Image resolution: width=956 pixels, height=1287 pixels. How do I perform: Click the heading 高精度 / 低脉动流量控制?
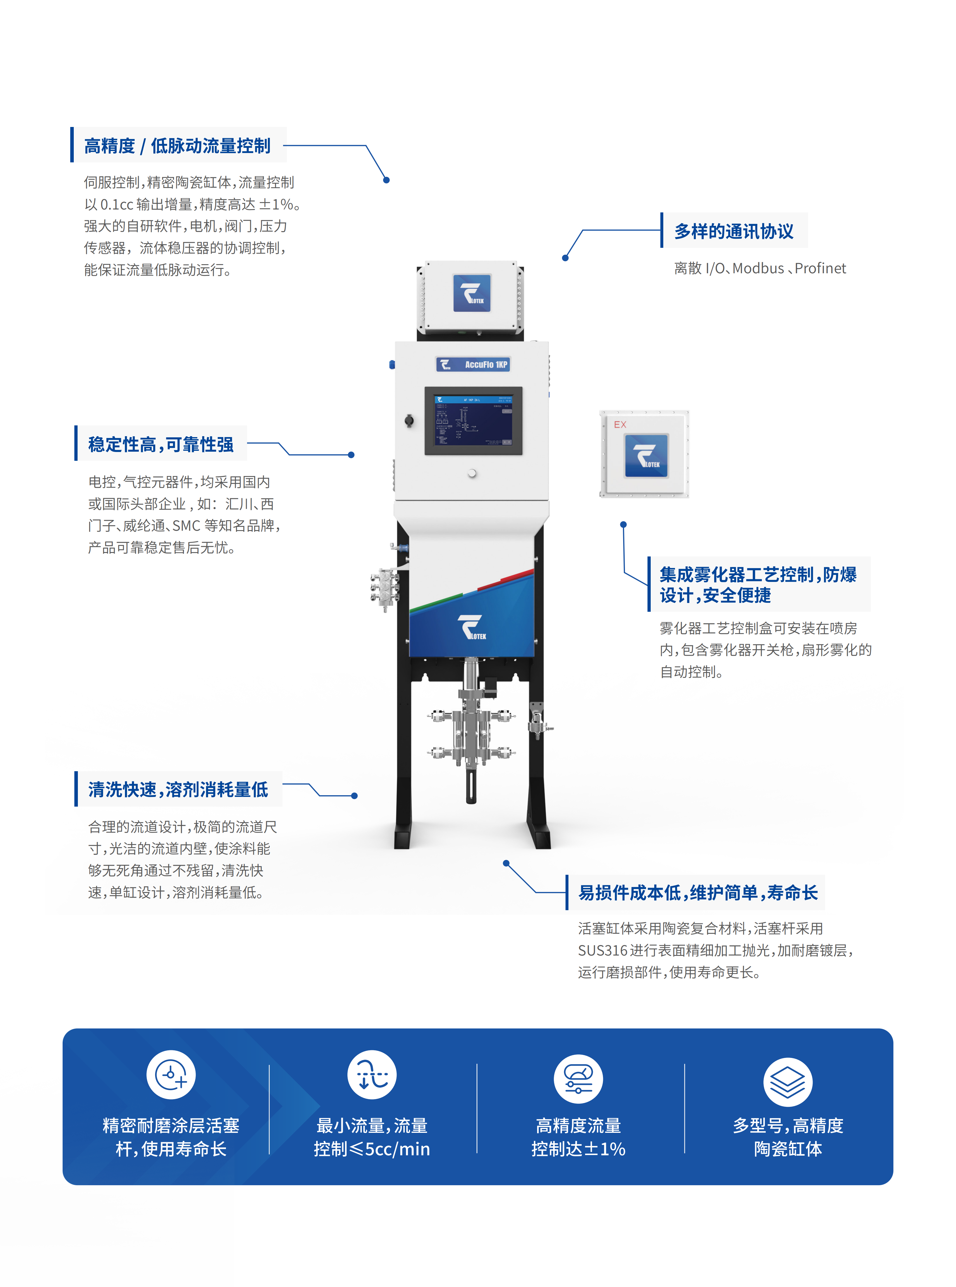point(177,146)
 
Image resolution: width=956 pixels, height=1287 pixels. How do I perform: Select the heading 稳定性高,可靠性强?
point(161,444)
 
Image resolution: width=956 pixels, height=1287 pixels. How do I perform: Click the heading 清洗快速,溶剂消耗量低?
point(178,790)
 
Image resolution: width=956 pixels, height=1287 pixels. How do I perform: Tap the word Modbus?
point(758,268)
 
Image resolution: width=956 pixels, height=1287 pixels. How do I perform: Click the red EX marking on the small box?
point(620,425)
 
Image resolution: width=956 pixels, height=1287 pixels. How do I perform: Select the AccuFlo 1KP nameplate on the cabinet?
point(473,365)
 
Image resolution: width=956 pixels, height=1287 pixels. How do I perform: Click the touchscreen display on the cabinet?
point(473,420)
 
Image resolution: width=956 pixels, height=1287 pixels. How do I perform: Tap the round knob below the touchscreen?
point(472,473)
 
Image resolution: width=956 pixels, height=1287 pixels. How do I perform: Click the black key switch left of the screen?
point(409,420)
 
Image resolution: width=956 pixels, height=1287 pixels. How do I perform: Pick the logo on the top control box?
point(472,293)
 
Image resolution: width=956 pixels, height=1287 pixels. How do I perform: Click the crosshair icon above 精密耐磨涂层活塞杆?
point(171,1075)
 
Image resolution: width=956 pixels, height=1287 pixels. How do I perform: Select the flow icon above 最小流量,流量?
point(371,1075)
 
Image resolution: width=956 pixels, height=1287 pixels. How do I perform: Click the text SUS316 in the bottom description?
point(602,950)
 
